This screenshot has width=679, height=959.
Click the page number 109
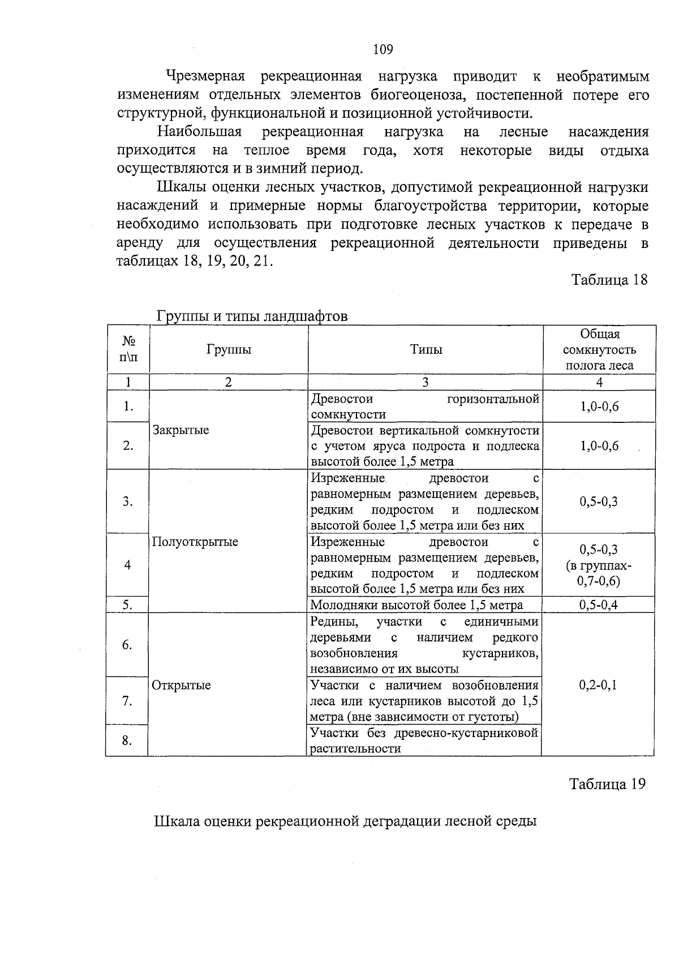click(383, 50)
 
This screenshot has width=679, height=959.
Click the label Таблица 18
click(609, 280)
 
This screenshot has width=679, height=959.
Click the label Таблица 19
click(607, 784)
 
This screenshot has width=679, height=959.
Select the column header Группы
click(229, 350)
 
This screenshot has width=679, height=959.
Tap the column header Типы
click(426, 350)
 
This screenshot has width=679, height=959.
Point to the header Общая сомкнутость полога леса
click(599, 350)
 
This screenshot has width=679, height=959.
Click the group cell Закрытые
click(181, 430)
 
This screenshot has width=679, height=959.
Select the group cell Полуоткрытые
click(195, 542)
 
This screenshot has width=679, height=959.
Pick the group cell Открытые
click(182, 685)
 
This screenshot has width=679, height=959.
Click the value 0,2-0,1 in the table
click(598, 685)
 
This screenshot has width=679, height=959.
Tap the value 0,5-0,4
click(599, 605)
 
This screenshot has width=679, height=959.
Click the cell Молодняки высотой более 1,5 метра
click(417, 605)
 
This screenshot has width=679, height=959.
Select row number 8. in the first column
click(128, 740)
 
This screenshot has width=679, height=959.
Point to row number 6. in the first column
click(128, 645)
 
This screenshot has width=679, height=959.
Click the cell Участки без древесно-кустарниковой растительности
click(424, 740)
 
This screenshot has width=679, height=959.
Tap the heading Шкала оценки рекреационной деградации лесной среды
click(345, 821)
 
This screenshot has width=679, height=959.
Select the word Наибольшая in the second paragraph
click(200, 132)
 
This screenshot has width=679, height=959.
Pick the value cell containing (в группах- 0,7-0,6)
click(599, 566)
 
